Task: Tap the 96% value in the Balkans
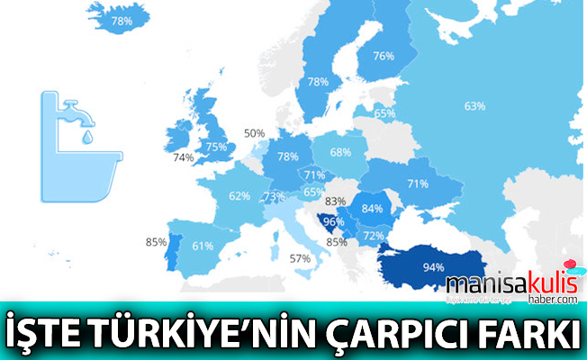(x=334, y=221)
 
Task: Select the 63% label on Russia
(x=474, y=106)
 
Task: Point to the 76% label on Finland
(x=383, y=56)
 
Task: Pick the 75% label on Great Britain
(x=216, y=147)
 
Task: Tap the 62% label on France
(x=239, y=195)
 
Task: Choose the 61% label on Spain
(x=202, y=246)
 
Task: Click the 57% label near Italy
(x=300, y=258)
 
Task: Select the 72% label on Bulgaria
(x=374, y=236)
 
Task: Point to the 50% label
(x=254, y=133)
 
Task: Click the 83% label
(x=336, y=202)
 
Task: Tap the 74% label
(x=184, y=157)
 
